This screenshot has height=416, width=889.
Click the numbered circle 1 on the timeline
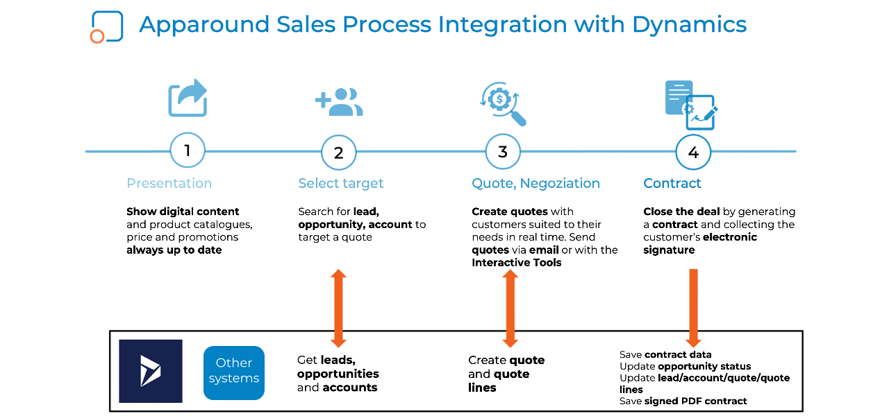[187, 150]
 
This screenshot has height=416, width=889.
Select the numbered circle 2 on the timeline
[338, 153]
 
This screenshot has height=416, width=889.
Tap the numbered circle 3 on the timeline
[502, 152]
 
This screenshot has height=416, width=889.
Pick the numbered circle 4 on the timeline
[693, 153]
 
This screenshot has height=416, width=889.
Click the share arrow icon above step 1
[188, 98]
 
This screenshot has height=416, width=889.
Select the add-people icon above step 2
[339, 102]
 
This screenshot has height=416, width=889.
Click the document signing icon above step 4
[690, 105]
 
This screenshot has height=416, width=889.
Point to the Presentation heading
[169, 184]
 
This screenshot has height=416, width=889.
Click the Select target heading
[340, 184]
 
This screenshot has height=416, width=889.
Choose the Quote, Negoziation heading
[535, 184]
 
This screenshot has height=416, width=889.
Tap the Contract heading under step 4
[672, 184]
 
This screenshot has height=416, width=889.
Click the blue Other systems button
[234, 372]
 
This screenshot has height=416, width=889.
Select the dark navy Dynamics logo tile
[151, 371]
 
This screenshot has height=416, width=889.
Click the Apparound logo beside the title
[106, 27]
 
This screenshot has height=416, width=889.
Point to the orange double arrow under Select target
[338, 308]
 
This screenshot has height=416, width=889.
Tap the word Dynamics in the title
[689, 25]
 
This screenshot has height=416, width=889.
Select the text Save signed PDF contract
[683, 401]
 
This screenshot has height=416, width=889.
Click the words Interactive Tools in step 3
[517, 263]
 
